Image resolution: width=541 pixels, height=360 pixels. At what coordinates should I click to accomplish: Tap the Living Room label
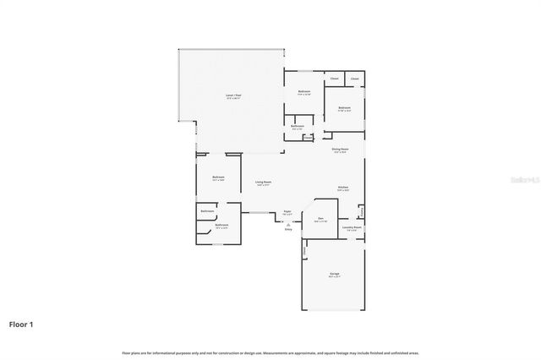tap(263, 183)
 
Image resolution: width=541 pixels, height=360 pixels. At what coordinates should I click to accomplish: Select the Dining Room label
tap(340, 150)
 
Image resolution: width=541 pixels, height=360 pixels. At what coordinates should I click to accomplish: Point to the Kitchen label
tap(344, 188)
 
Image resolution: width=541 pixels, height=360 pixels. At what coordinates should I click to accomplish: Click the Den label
tap(321, 219)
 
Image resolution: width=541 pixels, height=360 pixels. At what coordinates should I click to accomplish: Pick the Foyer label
tap(287, 211)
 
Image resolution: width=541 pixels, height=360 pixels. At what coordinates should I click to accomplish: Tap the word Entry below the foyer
tap(288, 229)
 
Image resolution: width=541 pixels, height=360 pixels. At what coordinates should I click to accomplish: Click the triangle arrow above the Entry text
tap(288, 224)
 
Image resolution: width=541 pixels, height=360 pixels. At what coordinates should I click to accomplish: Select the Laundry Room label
tap(352, 227)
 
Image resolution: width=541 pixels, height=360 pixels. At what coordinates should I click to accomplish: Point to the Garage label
tap(335, 275)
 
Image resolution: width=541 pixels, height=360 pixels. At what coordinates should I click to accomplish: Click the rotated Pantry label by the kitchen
tap(361, 210)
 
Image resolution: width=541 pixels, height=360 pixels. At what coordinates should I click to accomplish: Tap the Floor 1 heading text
tap(21, 324)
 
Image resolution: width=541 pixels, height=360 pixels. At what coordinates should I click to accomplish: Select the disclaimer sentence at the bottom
tap(270, 352)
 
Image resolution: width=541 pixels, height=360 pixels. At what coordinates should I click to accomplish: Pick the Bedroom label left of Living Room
tap(218, 178)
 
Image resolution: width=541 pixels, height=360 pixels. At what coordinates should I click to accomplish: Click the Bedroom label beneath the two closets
tap(345, 108)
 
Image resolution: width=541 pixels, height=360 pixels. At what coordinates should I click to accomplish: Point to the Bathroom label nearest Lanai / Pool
tap(298, 127)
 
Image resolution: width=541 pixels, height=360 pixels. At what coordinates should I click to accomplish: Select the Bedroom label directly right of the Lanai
tap(303, 92)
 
